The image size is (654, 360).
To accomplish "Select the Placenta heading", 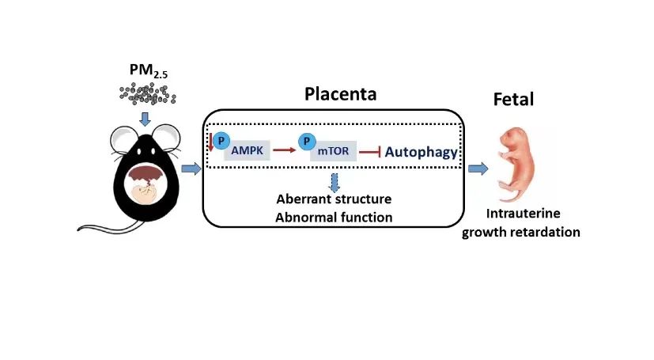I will coord(340,96).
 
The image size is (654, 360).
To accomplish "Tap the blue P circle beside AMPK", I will coord(222,140).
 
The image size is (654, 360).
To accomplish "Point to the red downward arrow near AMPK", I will coord(211,143).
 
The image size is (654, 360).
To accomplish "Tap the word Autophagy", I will coord(422,152).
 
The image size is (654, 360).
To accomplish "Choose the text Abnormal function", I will coord(334,216).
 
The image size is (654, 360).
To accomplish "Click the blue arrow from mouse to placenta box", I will coord(191,169).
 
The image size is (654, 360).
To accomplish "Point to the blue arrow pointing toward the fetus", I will coord(478,169).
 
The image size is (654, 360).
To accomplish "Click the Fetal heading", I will coord(513,100).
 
